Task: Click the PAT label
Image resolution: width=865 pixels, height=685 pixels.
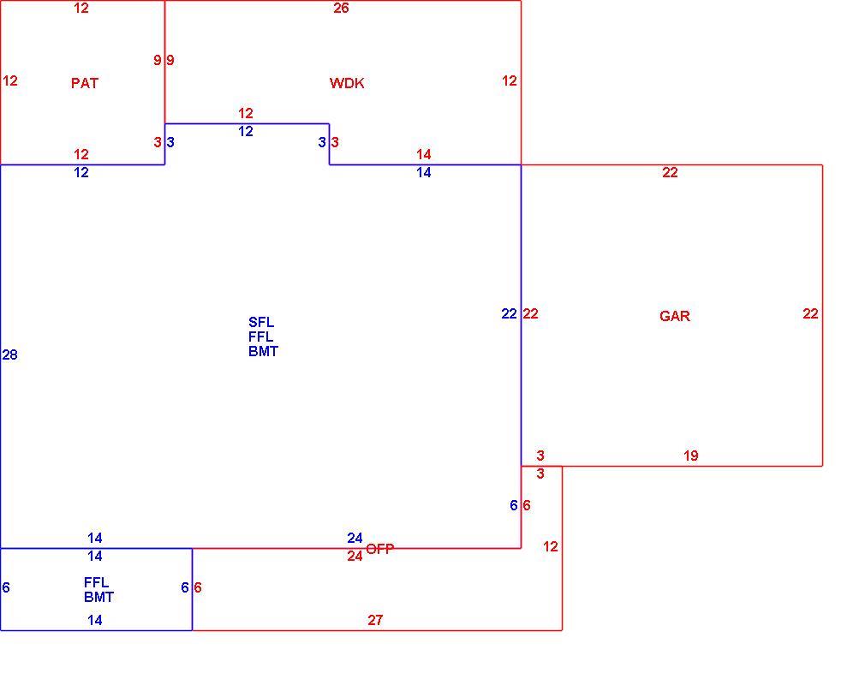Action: [85, 83]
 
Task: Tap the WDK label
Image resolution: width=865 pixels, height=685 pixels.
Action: [347, 83]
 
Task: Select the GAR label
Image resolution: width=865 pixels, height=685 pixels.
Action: [675, 316]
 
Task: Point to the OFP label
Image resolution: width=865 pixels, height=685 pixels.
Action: [380, 549]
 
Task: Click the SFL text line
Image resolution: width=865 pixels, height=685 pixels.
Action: [261, 322]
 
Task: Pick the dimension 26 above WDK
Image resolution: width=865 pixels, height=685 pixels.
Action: [341, 8]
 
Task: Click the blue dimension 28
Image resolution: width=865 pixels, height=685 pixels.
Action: [10, 354]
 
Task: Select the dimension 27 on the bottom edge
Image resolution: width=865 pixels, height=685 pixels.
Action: [375, 621]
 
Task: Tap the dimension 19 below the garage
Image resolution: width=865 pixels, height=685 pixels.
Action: [690, 456]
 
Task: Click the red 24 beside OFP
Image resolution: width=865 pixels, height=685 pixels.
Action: [355, 556]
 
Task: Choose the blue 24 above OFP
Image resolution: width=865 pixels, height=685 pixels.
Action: [355, 538]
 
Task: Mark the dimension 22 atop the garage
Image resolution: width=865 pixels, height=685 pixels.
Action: [670, 173]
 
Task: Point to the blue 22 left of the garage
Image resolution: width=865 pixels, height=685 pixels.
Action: [510, 314]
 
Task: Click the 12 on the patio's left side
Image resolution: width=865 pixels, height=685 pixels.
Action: [10, 81]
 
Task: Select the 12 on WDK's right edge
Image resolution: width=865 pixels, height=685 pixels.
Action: [510, 81]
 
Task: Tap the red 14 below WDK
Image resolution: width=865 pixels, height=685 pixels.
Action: [424, 154]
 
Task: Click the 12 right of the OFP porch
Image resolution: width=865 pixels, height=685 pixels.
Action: [550, 546]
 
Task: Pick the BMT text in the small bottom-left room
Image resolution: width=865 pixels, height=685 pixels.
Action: [98, 597]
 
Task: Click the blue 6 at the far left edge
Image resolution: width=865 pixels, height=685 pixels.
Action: [6, 587]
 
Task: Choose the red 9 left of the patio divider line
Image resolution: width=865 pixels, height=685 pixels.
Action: [158, 60]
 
